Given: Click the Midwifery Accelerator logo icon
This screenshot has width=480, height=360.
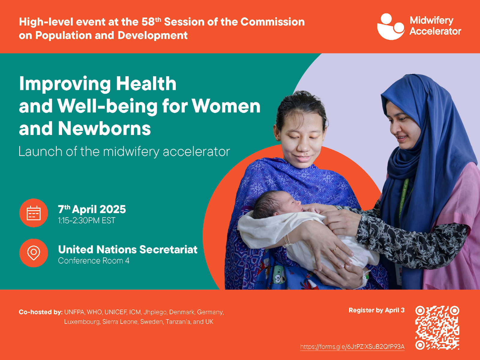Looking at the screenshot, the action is pyautogui.click(x=391, y=27).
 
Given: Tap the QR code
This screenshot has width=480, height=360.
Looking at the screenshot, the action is pyautogui.click(x=437, y=328).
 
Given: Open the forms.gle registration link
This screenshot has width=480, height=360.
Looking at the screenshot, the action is pyautogui.click(x=352, y=347).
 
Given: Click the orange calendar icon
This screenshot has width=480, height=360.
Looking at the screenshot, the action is pyautogui.click(x=34, y=213).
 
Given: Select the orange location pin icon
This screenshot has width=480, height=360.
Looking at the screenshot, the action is pyautogui.click(x=34, y=253).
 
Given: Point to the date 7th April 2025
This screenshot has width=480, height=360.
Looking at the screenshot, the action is pyautogui.click(x=92, y=209).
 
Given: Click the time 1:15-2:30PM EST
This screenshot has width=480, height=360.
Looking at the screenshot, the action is pyautogui.click(x=87, y=220).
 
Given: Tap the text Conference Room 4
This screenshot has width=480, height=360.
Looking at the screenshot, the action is pyautogui.click(x=94, y=260).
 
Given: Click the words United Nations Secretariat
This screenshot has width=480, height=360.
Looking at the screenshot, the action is pyautogui.click(x=128, y=249).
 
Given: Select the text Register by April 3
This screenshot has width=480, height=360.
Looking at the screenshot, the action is pyautogui.click(x=376, y=310).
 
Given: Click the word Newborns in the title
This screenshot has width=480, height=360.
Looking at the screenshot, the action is pyautogui.click(x=104, y=128).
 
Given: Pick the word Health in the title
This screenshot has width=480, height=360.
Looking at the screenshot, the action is pyautogui.click(x=146, y=83).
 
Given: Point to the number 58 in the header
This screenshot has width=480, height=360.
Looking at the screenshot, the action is pyautogui.click(x=148, y=22).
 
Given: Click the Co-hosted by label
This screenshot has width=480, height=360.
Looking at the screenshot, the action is pyautogui.click(x=41, y=312).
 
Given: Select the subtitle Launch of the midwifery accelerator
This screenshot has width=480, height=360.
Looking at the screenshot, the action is pyautogui.click(x=124, y=151).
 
